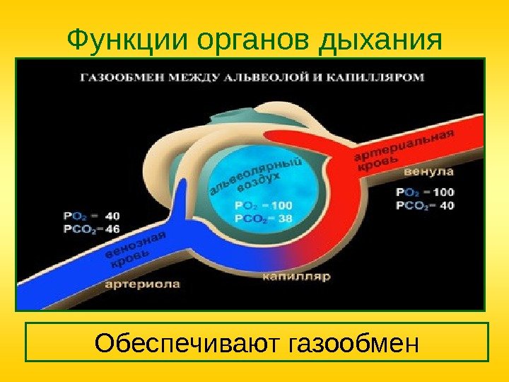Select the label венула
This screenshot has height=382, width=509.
pos(429,173)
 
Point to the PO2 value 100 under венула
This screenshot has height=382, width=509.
pos(443,192)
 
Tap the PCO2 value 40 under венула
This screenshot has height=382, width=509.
pos(446,206)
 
